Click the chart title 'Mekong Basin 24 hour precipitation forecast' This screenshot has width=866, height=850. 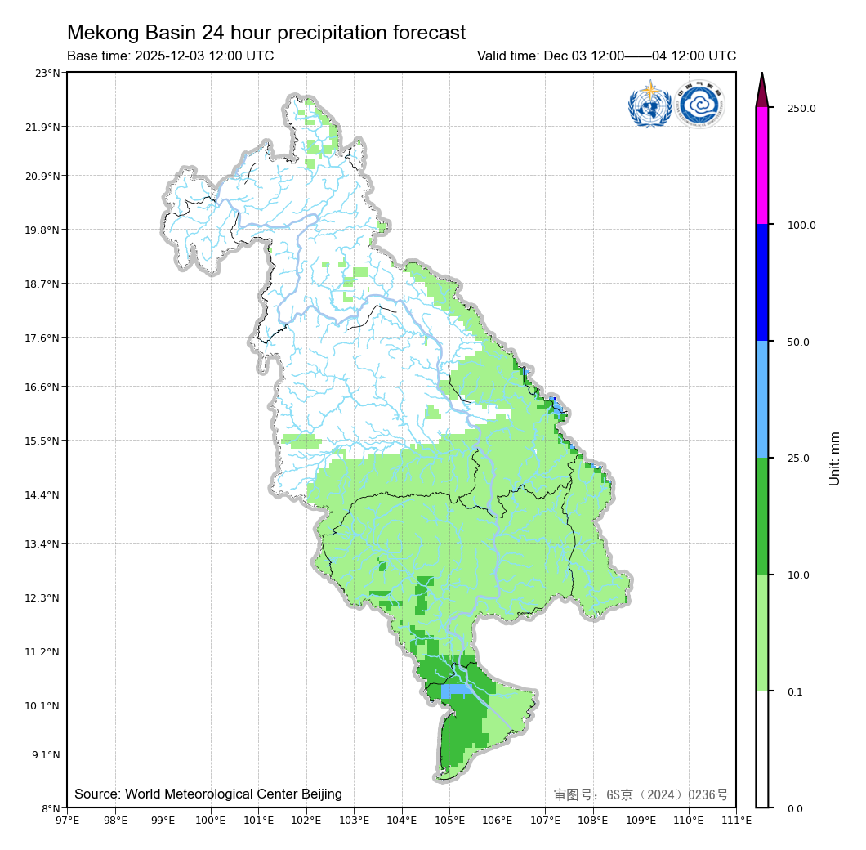[x=266, y=33]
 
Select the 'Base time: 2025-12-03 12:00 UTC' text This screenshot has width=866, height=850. [x=170, y=56]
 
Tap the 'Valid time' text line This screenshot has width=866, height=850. [x=606, y=56]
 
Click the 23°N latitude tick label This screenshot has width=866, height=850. [x=47, y=73]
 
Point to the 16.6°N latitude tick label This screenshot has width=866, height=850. [x=44, y=387]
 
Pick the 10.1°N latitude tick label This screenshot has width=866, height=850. [x=44, y=705]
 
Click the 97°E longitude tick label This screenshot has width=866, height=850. [x=67, y=820]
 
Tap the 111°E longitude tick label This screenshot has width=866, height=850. [x=736, y=820]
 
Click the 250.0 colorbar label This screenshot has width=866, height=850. [x=801, y=108]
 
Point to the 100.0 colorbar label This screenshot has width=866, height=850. [x=801, y=225]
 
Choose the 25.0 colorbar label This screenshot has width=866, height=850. [x=798, y=459]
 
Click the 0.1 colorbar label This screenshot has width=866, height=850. [x=795, y=692]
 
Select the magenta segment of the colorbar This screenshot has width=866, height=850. [x=762, y=166]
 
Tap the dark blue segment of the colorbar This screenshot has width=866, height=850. [x=762, y=283]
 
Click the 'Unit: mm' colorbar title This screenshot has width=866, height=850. [x=834, y=459]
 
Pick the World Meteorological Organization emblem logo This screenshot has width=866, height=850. [x=649, y=105]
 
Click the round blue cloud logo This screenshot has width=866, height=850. [x=700, y=105]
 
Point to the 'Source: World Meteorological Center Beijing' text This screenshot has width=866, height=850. [x=208, y=794]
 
